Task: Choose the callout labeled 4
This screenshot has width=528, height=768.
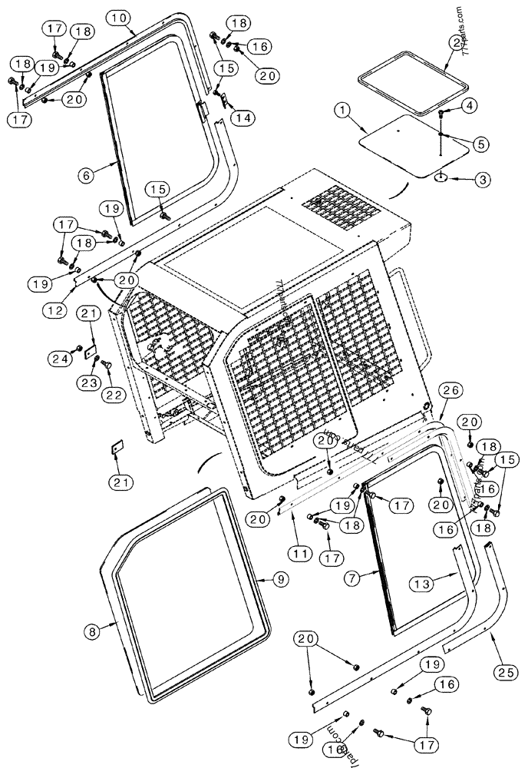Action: [470, 104]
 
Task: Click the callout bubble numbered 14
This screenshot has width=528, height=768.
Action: [243, 118]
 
